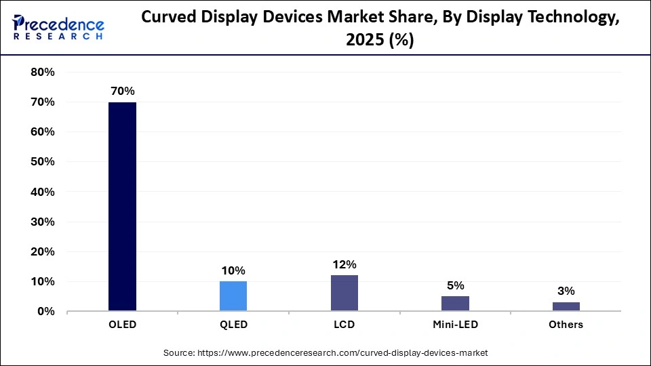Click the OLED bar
point(122,206)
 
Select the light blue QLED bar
point(233,296)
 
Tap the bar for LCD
point(344,293)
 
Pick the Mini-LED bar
point(455,304)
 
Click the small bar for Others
point(566,306)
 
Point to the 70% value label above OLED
point(122,90)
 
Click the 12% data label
point(344,264)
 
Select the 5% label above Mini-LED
point(455,285)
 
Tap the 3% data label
point(566,291)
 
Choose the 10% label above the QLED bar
point(233,270)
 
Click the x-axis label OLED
point(122,325)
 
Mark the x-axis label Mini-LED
point(455,325)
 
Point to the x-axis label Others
point(566,325)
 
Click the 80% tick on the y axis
point(43,73)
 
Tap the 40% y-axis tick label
point(43,192)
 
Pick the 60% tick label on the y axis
point(43,132)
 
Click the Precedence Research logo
point(58,28)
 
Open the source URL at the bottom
point(325,353)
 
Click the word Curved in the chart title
point(167,18)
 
